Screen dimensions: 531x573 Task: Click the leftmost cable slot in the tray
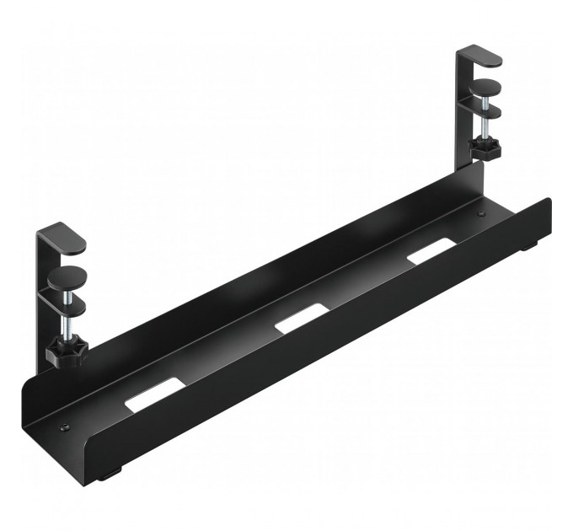(153, 394)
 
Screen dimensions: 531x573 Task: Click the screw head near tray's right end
(480, 214)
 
